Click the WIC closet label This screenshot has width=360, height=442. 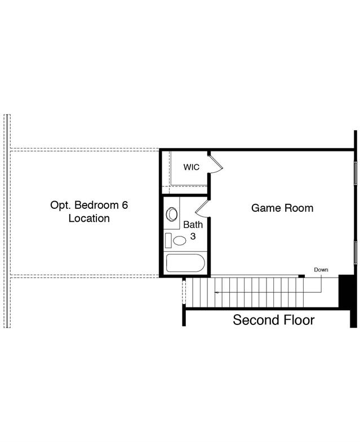click(191, 167)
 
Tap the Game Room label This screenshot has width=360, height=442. click(282, 208)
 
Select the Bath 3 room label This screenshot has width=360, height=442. click(193, 230)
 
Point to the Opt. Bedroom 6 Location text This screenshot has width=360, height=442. click(89, 211)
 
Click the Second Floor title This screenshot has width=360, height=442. click(274, 320)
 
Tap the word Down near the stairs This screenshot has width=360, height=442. click(321, 270)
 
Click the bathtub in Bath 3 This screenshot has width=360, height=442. click(185, 263)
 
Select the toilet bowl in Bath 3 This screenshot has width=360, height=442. click(179, 240)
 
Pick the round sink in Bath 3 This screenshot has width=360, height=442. click(172, 214)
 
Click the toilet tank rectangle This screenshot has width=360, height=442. click(168, 240)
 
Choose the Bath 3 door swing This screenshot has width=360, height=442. click(203, 208)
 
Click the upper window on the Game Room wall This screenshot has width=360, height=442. click(355, 172)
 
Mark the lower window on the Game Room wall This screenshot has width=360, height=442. click(355, 253)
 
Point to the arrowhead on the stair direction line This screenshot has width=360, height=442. click(216, 293)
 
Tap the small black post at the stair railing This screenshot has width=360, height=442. click(301, 276)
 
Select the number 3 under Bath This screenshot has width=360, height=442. click(193, 236)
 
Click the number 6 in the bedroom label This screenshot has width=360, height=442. click(125, 205)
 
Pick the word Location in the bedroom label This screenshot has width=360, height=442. click(89, 218)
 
